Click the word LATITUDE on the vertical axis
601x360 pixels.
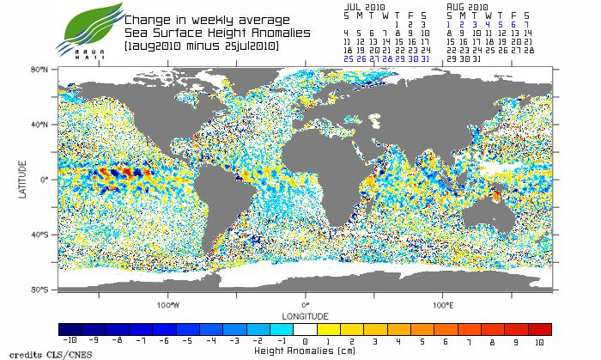click(23, 180)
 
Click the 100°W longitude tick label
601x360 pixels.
click(168, 304)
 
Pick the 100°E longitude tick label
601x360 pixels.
click(443, 304)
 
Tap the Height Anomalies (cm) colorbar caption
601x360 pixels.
click(306, 351)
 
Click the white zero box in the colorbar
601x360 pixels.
click(305, 329)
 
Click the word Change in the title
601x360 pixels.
click(148, 19)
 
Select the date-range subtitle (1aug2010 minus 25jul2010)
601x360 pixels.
click(201, 45)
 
